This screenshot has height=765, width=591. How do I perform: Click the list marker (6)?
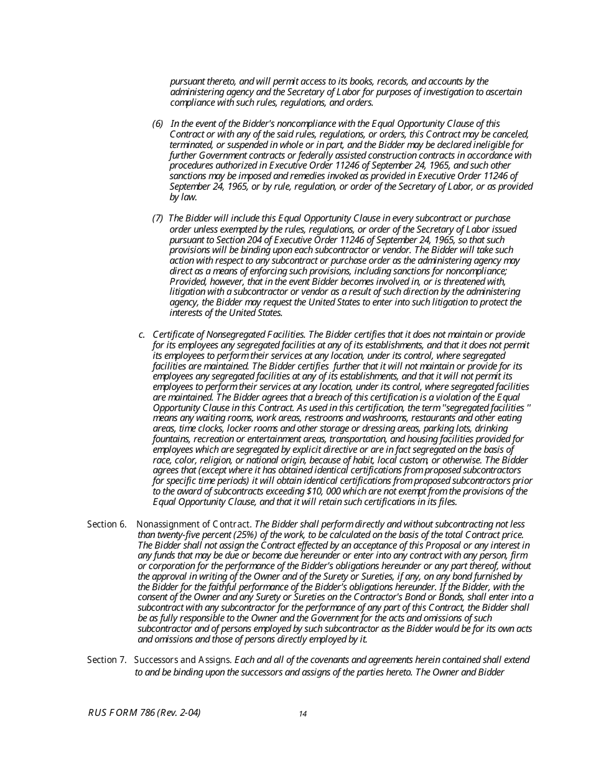157,124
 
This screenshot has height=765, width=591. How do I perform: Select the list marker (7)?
157,218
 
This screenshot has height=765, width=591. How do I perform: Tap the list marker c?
142,335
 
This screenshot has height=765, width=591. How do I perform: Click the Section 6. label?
106,524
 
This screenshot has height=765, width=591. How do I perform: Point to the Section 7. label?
106,659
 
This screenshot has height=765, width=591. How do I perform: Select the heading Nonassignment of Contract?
194,524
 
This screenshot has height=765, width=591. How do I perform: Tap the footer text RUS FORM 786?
121,713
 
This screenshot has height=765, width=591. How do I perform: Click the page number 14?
302,714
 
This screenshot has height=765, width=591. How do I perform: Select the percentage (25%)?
233,535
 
